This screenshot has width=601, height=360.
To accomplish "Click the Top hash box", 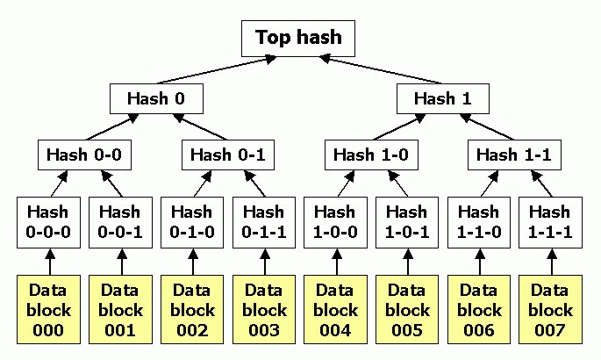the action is click(298, 39).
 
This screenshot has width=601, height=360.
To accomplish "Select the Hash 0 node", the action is click(156, 98).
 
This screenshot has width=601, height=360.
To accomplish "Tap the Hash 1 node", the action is click(443, 98).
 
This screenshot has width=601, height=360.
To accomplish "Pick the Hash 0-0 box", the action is click(84, 155).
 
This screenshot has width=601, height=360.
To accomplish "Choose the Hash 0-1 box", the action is click(227, 155).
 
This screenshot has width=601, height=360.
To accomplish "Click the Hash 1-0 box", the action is click(371, 155).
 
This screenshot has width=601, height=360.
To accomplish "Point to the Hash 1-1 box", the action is click(514, 155).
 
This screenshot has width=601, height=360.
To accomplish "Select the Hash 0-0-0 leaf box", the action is click(48, 222).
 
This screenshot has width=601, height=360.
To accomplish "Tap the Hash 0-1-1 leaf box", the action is click(264, 222).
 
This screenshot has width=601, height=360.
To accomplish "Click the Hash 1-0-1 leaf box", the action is click(407, 222).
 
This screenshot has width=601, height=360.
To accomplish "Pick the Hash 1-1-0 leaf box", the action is click(479, 222).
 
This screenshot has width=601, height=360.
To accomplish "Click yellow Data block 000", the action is click(48, 309).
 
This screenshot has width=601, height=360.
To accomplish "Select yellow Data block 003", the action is click(264, 309).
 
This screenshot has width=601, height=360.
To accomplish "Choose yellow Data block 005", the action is click(407, 309).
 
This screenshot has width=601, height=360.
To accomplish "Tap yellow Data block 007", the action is click(551, 309).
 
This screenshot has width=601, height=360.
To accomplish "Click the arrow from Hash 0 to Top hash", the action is click(217, 70).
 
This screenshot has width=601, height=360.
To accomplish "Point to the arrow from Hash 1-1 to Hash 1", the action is click(487, 127).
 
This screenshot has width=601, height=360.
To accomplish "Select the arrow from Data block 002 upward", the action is click(193, 262).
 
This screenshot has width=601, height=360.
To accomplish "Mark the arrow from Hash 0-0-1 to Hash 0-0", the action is click(112, 184).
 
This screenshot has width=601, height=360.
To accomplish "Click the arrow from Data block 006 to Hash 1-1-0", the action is click(480, 262).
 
